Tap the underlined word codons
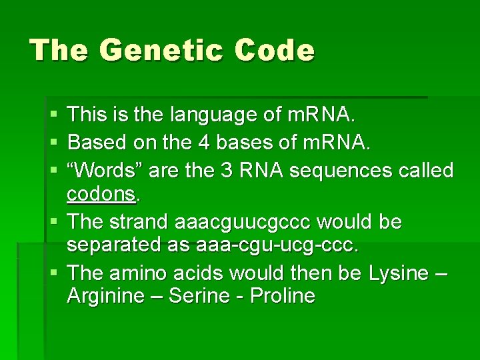pos(101,194)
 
